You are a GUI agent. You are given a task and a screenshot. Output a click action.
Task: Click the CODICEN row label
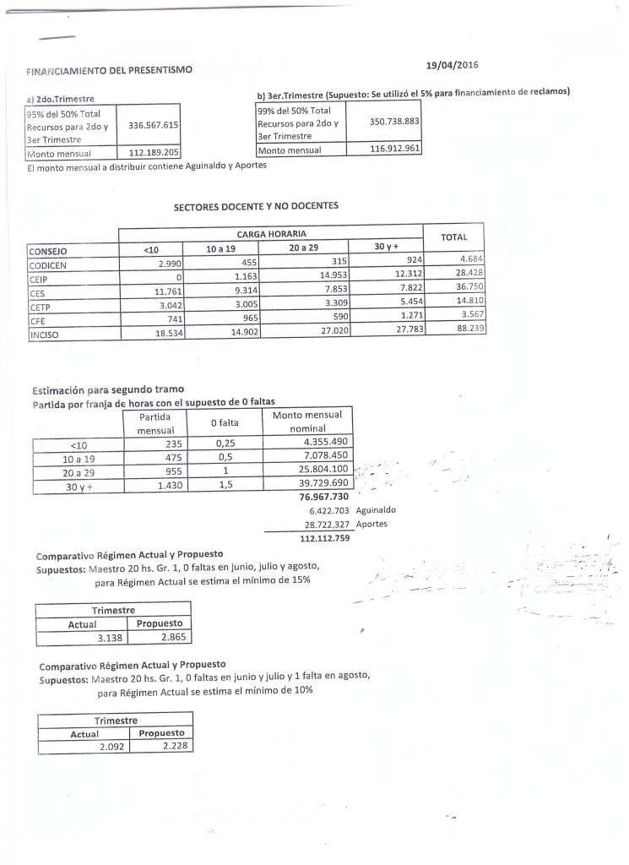pyautogui.click(x=49, y=263)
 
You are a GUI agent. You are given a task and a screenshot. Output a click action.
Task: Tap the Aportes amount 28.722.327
pyautogui.click(x=317, y=524)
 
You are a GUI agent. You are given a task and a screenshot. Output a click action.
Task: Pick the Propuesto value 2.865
pyautogui.click(x=165, y=638)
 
